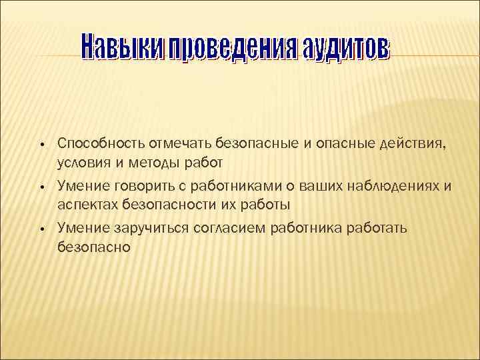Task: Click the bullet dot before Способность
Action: pyautogui.click(x=41, y=143)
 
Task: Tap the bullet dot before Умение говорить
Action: pyautogui.click(x=41, y=187)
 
